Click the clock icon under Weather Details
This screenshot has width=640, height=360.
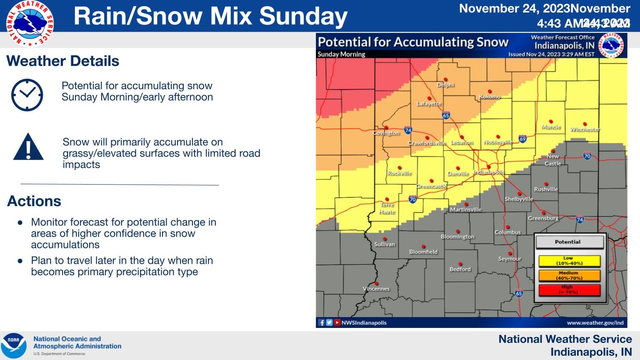[27, 95]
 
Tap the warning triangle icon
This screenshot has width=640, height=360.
[28, 147]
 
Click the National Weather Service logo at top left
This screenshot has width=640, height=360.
[30, 24]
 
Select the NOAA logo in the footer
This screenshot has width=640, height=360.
[14, 345]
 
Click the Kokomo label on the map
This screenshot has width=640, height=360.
[490, 97]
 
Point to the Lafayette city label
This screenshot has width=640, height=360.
[429, 104]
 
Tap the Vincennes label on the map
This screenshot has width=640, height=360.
[376, 289]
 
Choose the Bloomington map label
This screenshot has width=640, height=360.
[457, 237]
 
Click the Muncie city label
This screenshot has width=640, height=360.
[551, 127]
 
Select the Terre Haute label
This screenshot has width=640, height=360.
[387, 208]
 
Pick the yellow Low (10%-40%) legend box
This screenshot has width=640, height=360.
[569, 261]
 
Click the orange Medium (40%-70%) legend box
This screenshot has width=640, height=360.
[569, 275]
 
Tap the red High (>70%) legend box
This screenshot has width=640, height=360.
[569, 290]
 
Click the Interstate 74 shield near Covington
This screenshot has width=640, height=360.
[408, 130]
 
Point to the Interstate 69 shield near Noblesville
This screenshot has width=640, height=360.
[522, 139]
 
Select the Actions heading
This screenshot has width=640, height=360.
[34, 201]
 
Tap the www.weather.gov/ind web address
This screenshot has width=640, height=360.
[595, 323]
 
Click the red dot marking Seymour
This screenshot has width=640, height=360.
[510, 253]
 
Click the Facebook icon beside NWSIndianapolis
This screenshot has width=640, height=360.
[322, 322]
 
